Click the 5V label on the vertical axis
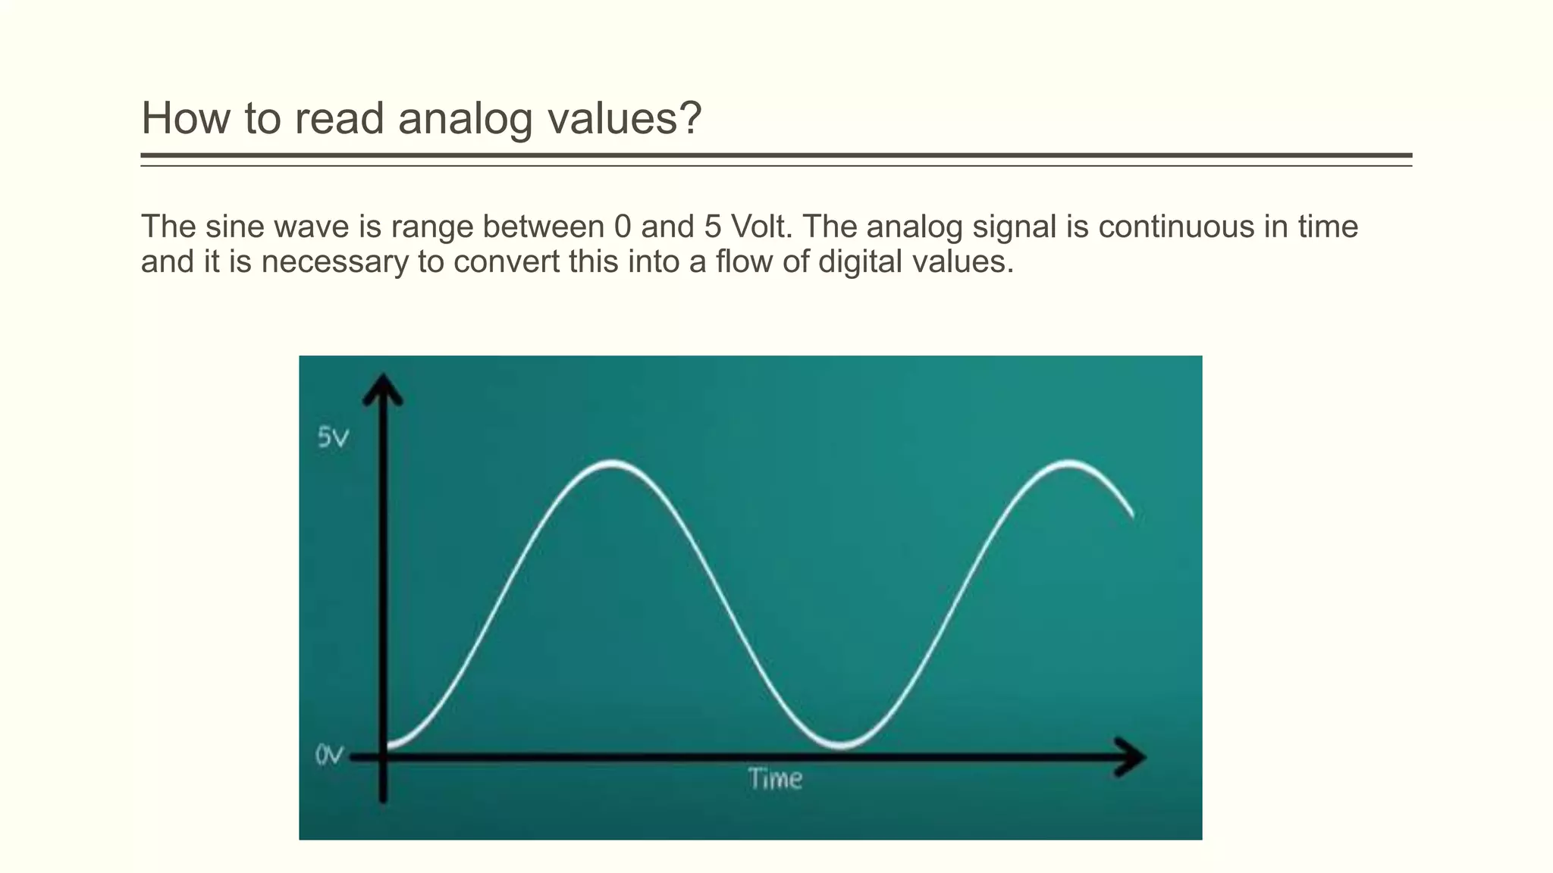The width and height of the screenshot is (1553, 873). click(x=333, y=438)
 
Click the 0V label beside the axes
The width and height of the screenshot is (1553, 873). click(x=329, y=756)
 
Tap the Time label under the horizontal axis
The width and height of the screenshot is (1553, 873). click(x=775, y=779)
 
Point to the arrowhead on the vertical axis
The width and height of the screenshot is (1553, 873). click(x=383, y=388)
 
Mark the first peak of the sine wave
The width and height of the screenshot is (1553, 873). click(x=613, y=463)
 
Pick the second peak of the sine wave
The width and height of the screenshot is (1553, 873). click(x=1068, y=463)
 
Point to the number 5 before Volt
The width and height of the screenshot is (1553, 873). click(x=712, y=227)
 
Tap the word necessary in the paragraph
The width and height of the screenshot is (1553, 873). click(x=334, y=262)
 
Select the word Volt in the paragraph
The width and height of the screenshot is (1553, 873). click(x=761, y=227)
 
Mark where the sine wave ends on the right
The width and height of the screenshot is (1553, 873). click(x=1132, y=515)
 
